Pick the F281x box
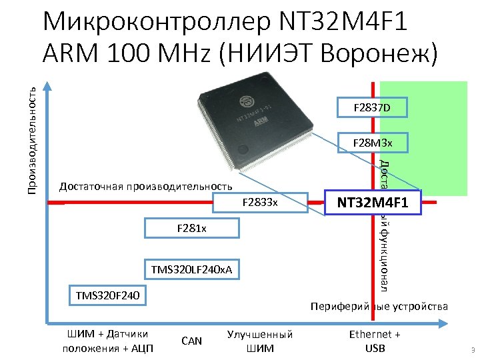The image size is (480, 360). pos(191,229)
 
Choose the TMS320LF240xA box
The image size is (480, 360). pos(191,269)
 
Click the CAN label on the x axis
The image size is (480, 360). pos(191,341)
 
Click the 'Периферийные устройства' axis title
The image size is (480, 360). pos(379,306)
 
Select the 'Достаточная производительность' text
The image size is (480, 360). pos(146,186)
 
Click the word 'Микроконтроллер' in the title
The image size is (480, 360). pos(153,23)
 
